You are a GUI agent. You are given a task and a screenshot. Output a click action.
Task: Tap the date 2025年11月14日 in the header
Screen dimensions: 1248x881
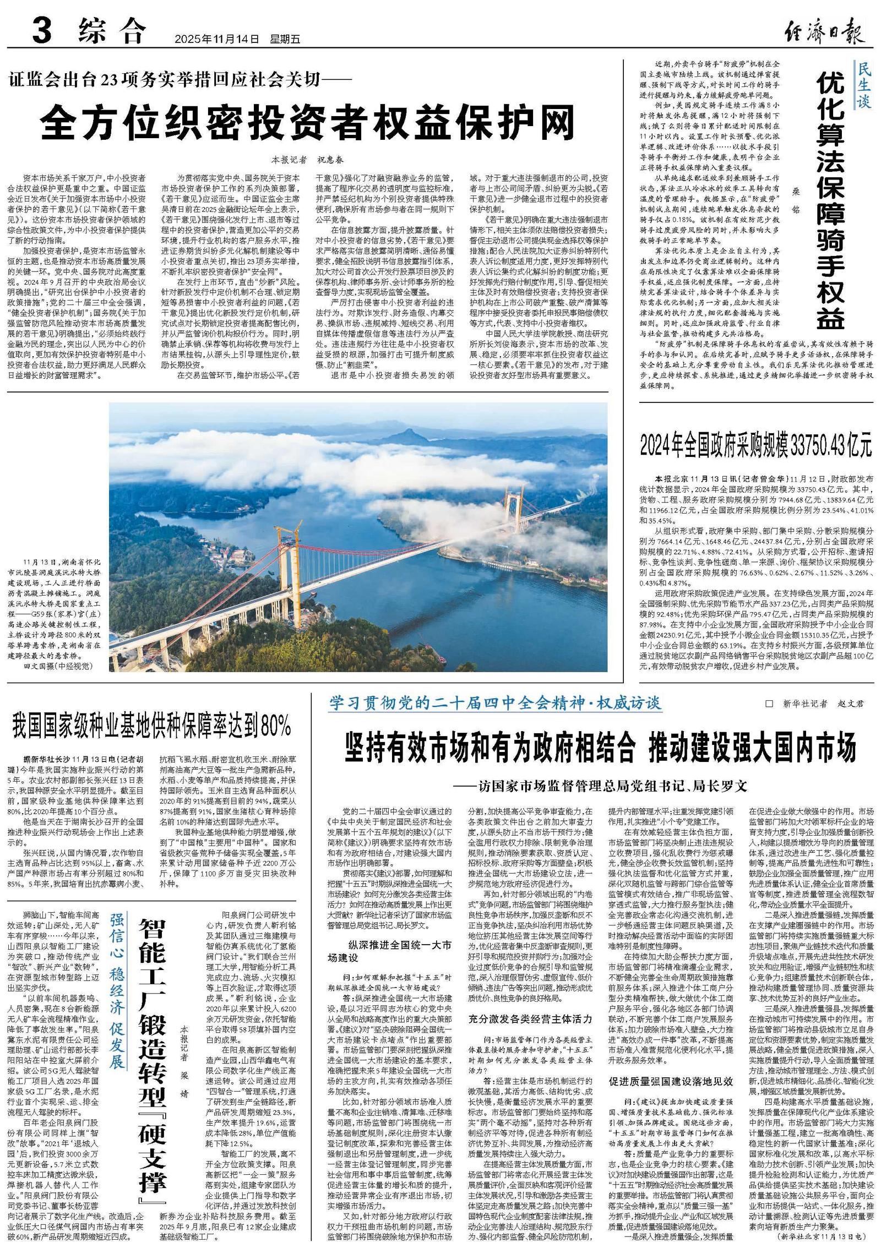(216, 40)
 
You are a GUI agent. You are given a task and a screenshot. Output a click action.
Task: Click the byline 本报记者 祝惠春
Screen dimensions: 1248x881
(307, 160)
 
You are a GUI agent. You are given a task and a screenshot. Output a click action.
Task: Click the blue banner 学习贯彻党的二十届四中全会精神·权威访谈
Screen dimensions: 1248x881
(495, 703)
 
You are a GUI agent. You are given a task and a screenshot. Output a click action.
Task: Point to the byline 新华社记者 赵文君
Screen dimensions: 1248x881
(815, 704)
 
